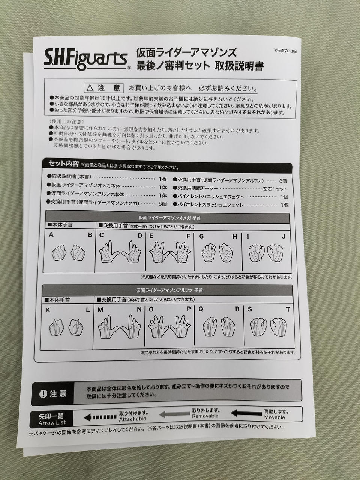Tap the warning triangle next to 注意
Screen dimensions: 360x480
pyautogui.click(x=90, y=88)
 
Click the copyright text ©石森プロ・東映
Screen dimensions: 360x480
pyautogui.click(x=286, y=51)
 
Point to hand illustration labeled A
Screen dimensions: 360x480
pyautogui.click(x=59, y=253)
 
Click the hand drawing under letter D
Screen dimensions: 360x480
pyautogui.click(x=131, y=252)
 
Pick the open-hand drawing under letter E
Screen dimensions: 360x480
pyautogui.click(x=159, y=252)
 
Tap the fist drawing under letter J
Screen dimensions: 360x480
pyautogui.click(x=275, y=253)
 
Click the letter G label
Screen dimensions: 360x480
pyautogui.click(x=201, y=236)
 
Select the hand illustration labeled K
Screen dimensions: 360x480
pyautogui.click(x=56, y=327)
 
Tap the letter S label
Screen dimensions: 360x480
pyautogui.click(x=250, y=309)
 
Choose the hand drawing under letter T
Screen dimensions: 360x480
pyautogui.click(x=279, y=327)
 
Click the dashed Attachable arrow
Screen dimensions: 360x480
pyautogui.click(x=100, y=417)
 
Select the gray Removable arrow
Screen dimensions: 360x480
pyautogui.click(x=174, y=414)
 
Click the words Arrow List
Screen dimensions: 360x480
pyautogui.click(x=52, y=423)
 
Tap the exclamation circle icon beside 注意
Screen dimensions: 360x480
pyautogui.click(x=43, y=394)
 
